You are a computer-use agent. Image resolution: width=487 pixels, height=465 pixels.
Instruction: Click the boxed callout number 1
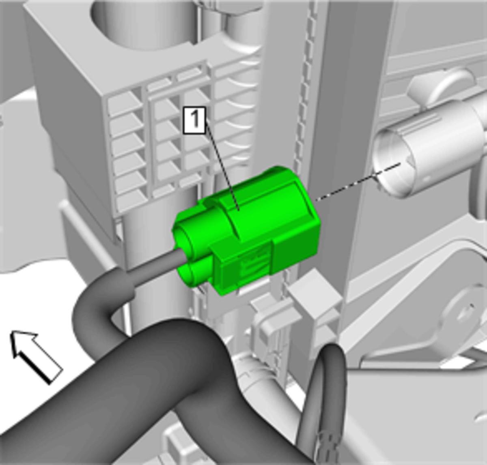pyautogui.click(x=194, y=120)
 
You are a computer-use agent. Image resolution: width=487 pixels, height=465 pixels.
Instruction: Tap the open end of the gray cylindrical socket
pyautogui.click(x=393, y=164)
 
